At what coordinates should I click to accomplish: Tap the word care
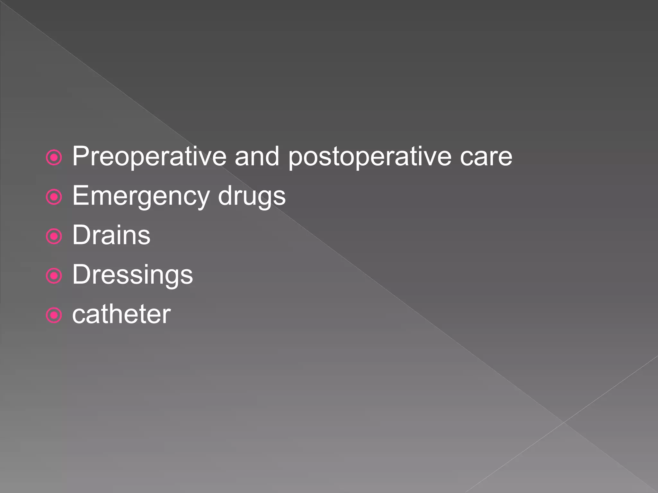coord(486,157)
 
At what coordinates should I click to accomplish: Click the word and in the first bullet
coord(257,156)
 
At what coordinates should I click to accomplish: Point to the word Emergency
coord(141,196)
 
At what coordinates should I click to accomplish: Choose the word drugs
coord(252,196)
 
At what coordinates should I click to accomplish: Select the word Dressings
coord(132,275)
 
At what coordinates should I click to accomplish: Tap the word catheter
coord(121,314)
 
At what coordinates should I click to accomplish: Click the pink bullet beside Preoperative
coord(54,158)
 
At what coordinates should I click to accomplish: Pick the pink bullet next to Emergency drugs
coord(54,197)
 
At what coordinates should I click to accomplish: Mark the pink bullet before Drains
coord(54,237)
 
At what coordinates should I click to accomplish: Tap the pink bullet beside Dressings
coord(54,276)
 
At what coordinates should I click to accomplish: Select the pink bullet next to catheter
coord(54,316)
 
